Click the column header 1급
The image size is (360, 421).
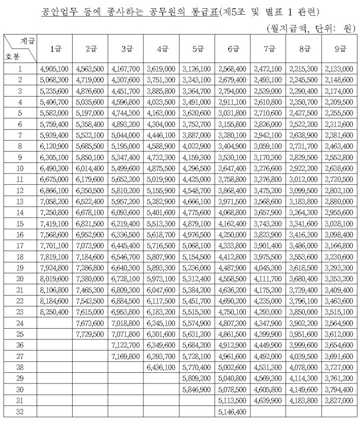point(55,49)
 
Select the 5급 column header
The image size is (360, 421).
point(197,49)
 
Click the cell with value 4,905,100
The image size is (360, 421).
point(55,69)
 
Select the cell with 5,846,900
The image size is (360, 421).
point(197,390)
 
